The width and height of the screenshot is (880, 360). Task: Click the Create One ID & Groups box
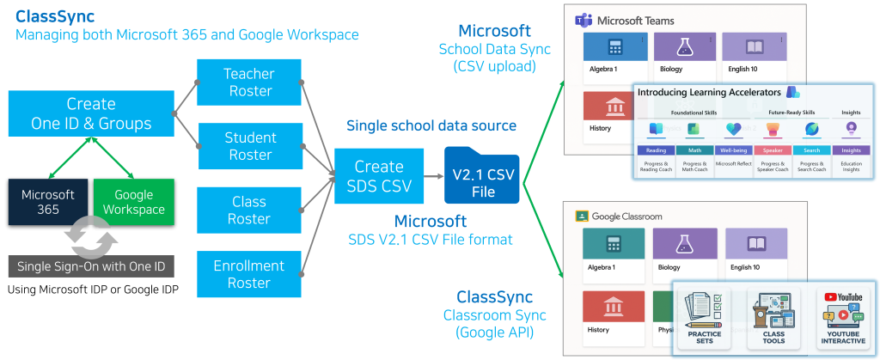point(90,114)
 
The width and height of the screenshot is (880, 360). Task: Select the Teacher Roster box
point(248,82)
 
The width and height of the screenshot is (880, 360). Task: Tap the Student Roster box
point(249,146)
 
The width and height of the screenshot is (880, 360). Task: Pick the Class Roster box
point(248,210)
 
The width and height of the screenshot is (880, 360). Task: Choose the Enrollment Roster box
point(248,274)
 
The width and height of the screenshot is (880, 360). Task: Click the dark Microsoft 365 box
point(48,201)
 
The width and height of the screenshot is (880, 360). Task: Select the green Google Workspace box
point(133,201)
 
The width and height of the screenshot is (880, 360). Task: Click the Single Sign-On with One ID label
point(91,266)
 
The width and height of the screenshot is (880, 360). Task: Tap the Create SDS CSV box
point(379,176)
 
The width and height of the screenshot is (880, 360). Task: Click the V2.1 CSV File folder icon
point(483,176)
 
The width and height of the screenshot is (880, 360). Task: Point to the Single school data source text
point(431,126)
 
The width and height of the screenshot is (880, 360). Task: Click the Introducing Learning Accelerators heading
point(710,92)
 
